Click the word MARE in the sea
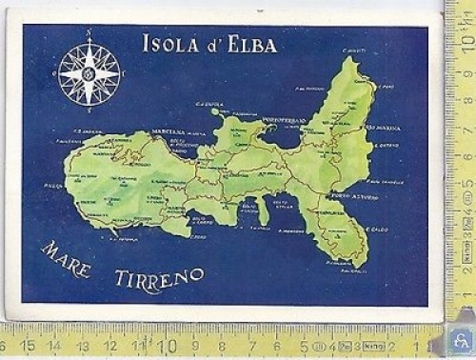tap(66, 258)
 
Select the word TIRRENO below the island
tap(159, 279)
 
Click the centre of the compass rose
tap(89, 73)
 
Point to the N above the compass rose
tap(89, 32)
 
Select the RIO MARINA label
tap(383, 127)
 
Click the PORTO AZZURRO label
tap(357, 197)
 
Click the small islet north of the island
tap(215, 111)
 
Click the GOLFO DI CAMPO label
tap(196, 223)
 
